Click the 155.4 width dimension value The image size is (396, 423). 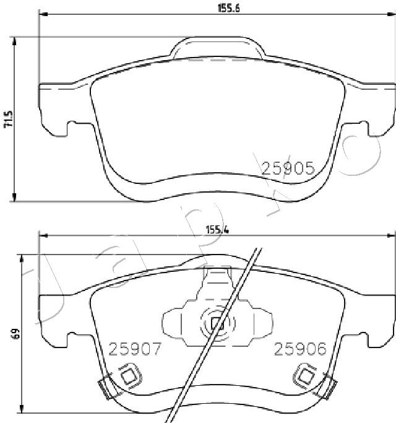click(x=217, y=230)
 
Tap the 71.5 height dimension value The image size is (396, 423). click(x=8, y=119)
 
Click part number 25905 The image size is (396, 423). click(x=288, y=168)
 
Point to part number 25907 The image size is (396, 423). click(x=135, y=349)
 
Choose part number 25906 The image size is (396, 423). click(x=300, y=349)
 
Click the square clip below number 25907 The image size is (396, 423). click(x=129, y=376)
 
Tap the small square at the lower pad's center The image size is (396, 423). click(x=217, y=323)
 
